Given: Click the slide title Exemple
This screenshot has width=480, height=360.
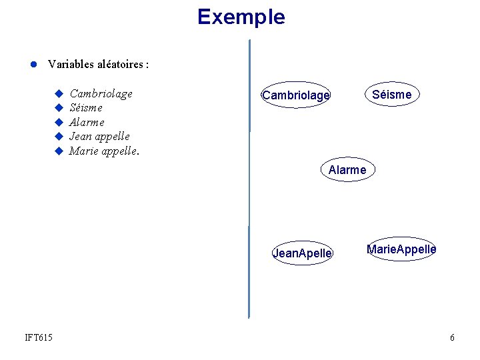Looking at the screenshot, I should point(241,17).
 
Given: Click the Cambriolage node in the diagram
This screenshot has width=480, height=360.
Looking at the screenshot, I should point(296,95).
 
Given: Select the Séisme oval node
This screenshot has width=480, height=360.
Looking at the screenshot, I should point(391,95).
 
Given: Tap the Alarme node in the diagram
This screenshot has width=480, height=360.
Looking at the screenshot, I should point(347,170).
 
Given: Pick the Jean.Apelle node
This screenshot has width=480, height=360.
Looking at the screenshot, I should point(302,253).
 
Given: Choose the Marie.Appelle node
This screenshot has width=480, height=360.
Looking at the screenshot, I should point(401,249).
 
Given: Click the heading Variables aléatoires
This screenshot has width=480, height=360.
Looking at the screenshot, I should point(98,65).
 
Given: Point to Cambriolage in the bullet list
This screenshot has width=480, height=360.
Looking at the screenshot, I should point(101,93).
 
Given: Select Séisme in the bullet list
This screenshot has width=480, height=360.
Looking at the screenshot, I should point(86,107).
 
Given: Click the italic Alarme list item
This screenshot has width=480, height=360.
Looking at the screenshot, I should point(87,122).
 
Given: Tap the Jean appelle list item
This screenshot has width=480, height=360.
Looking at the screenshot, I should point(99,136).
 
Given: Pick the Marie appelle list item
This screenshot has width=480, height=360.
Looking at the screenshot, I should point(104,150).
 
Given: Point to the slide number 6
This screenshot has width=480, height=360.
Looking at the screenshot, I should point(453,337).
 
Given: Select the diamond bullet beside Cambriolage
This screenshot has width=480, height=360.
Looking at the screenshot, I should point(59,93).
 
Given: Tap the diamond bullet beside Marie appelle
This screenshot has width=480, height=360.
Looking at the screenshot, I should point(59,151).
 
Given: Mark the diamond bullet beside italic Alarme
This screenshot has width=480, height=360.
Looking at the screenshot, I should point(59,122).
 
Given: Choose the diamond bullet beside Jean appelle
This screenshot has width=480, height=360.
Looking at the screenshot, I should point(59,136).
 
